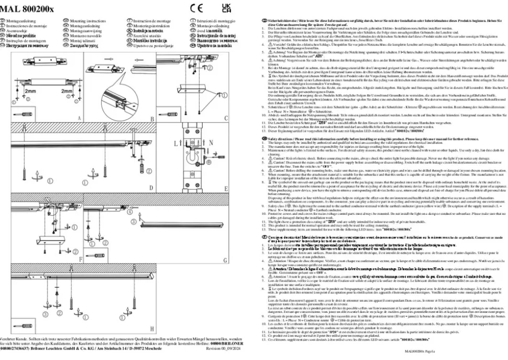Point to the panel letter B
(152, 119)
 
